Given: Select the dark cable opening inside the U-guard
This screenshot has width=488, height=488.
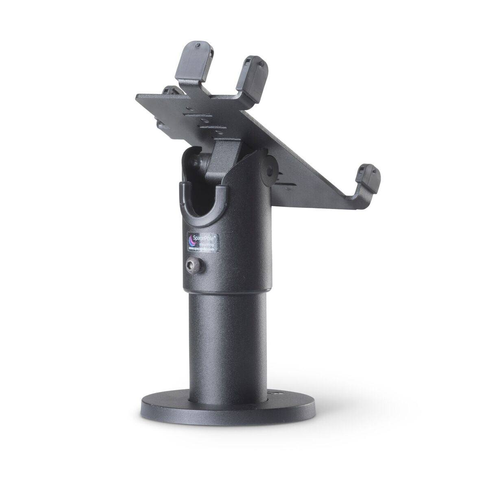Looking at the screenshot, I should tap(200, 199).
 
